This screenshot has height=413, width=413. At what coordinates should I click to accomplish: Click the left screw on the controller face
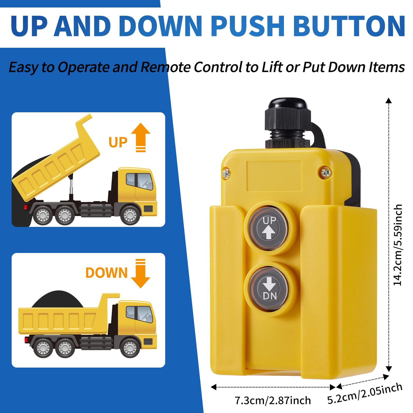click(226, 174)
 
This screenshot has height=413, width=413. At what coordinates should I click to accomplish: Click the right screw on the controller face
click(325, 172)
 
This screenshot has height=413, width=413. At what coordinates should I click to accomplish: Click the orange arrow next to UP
click(141, 137)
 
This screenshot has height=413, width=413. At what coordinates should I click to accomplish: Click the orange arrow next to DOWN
click(141, 274)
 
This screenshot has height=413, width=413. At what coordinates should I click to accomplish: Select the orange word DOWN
click(106, 273)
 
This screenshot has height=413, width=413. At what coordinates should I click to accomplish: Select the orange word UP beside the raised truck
click(118, 142)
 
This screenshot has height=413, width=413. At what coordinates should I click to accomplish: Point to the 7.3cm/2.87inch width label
click(273, 400)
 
